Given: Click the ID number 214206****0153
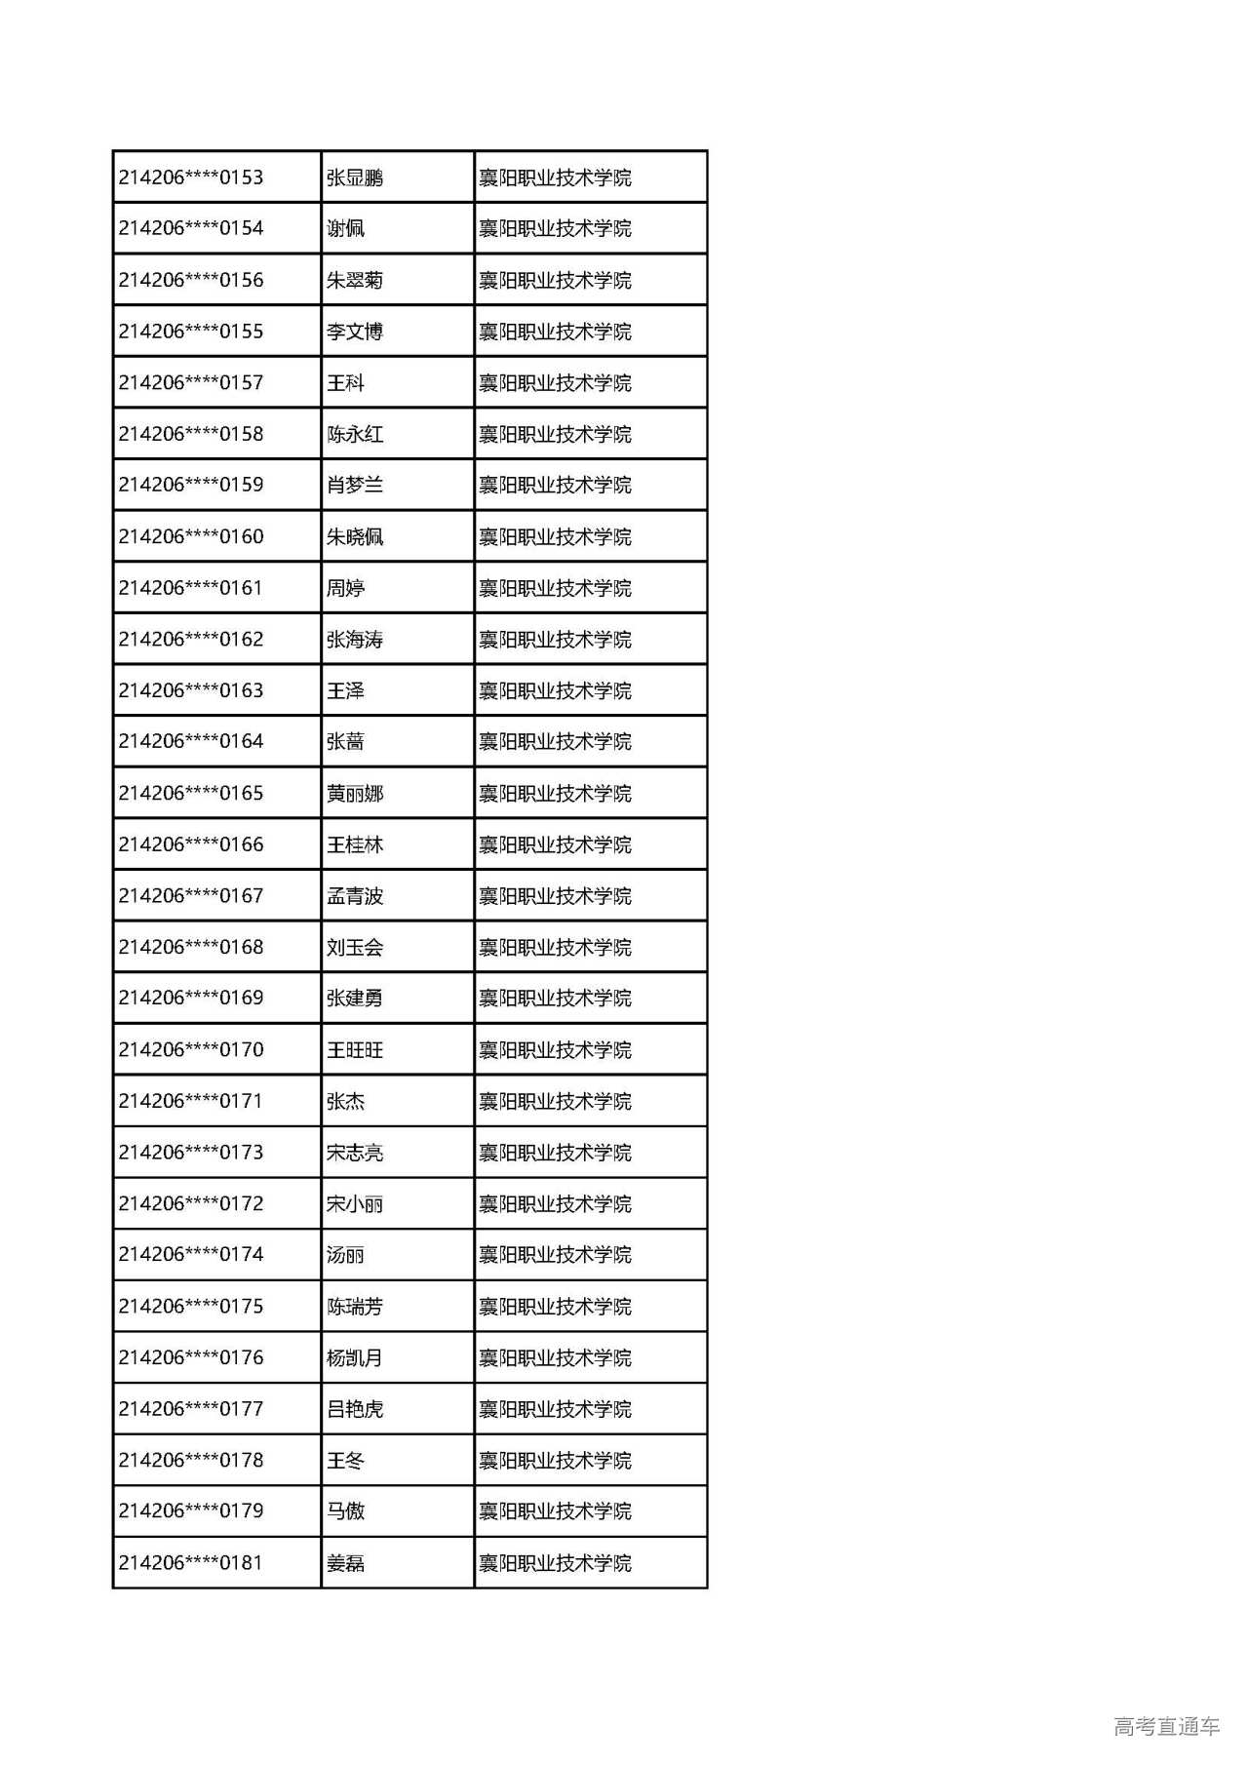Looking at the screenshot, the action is pyautogui.click(x=191, y=177).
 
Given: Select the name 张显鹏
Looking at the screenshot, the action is pyautogui.click(x=355, y=177).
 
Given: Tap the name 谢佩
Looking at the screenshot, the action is pyautogui.click(x=345, y=229).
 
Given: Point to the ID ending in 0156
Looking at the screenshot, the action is pyautogui.click(x=191, y=280).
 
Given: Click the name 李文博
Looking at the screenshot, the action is pyautogui.click(x=355, y=332).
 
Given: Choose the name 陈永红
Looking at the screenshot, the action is pyautogui.click(x=355, y=434).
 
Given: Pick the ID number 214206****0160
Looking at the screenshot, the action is pyautogui.click(x=191, y=536).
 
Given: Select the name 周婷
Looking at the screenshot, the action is pyautogui.click(x=345, y=588).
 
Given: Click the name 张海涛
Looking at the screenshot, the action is pyautogui.click(x=355, y=640).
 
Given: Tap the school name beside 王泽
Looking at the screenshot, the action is pyautogui.click(x=555, y=690).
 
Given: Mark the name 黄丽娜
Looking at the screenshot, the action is pyautogui.click(x=355, y=794).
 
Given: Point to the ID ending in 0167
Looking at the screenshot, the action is pyautogui.click(x=191, y=895).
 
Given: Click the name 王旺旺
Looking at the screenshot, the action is pyautogui.click(x=355, y=1050).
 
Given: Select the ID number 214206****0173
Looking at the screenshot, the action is pyautogui.click(x=191, y=1153).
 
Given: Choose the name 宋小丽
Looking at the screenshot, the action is pyautogui.click(x=355, y=1204).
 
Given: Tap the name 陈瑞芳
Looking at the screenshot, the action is pyautogui.click(x=355, y=1307).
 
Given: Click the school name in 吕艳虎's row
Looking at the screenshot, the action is pyautogui.click(x=555, y=1409).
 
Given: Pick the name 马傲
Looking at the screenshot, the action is pyautogui.click(x=345, y=1511).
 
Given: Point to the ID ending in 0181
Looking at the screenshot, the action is pyautogui.click(x=191, y=1563).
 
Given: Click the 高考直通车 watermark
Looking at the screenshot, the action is pyautogui.click(x=1166, y=1727).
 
